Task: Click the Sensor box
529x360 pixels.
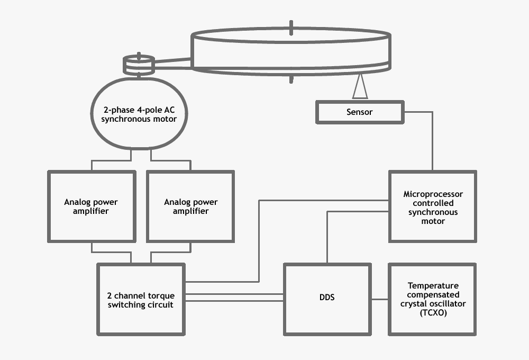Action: pos(360,112)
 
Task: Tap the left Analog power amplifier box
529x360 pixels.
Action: pos(90,206)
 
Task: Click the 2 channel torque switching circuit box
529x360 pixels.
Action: pos(141,300)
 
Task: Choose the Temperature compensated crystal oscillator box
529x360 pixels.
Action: pos(433,300)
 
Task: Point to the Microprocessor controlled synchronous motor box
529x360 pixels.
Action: pos(433,206)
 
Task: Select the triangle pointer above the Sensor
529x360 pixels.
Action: pos(360,87)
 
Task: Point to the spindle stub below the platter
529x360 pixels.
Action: pos(291,79)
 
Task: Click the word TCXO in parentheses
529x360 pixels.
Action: pos(433,313)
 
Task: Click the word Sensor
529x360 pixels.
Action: pos(360,112)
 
